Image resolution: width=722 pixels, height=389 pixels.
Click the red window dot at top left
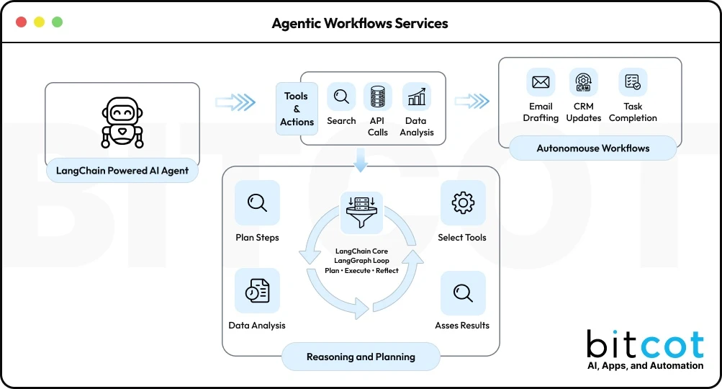[21, 22]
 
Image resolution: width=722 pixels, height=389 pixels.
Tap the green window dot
[57, 22]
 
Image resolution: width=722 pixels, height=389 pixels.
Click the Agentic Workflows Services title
[360, 23]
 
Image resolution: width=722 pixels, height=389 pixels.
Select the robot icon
[122, 122]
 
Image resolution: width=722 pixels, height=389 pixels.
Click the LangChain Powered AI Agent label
[122, 171]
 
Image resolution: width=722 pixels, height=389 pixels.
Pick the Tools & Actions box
[297, 109]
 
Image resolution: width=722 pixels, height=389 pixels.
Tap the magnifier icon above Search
[341, 97]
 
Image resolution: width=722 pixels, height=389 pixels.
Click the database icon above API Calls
[378, 97]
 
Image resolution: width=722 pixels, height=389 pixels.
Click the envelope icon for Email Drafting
[541, 82]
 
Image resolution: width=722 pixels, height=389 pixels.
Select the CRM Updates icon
[583, 82]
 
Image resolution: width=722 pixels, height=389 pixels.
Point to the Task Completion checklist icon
[633, 82]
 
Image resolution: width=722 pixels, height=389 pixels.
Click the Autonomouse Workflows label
[593, 148]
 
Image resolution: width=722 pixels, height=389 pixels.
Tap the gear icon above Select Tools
[462, 203]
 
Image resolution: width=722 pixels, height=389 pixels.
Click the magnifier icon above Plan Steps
[257, 203]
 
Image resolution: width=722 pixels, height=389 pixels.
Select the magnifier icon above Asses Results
[462, 293]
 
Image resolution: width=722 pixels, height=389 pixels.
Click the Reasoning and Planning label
[361, 357]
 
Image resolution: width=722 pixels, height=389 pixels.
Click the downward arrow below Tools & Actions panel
[361, 160]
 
